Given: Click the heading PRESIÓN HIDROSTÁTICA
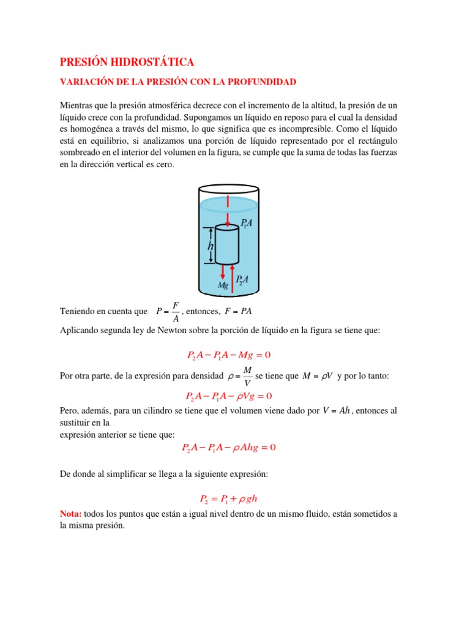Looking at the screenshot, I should (x=127, y=62).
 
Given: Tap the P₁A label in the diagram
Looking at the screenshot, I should (x=247, y=225).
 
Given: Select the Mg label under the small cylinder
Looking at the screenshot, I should (x=224, y=285).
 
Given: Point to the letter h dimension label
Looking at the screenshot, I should (x=211, y=246).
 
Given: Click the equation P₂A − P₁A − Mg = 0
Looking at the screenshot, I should (x=228, y=355).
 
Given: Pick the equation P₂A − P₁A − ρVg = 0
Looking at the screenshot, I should (x=229, y=396).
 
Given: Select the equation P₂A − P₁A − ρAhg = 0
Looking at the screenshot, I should (x=229, y=448).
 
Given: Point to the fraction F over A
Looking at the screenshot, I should (x=176, y=311).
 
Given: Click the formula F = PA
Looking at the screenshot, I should (x=238, y=311).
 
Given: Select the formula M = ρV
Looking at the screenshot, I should (x=318, y=375).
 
